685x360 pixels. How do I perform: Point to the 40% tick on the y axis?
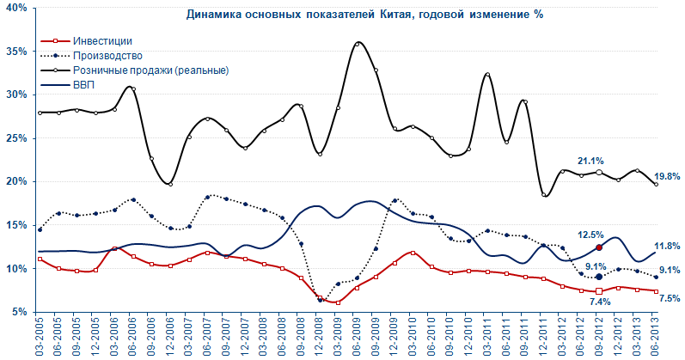point(15,8)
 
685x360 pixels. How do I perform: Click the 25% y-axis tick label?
point(15,138)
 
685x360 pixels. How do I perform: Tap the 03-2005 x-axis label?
point(40,338)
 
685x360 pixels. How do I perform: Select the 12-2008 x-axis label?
point(320,338)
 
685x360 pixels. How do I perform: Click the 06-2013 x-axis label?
point(656,338)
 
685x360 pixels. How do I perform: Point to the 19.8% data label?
point(668,176)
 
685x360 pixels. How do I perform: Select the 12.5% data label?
point(588,234)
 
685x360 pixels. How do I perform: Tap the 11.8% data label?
point(669,246)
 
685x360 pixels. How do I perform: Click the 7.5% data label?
point(668,299)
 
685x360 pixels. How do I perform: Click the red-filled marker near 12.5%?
point(599,247)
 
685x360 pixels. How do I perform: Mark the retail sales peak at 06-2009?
point(358,43)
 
